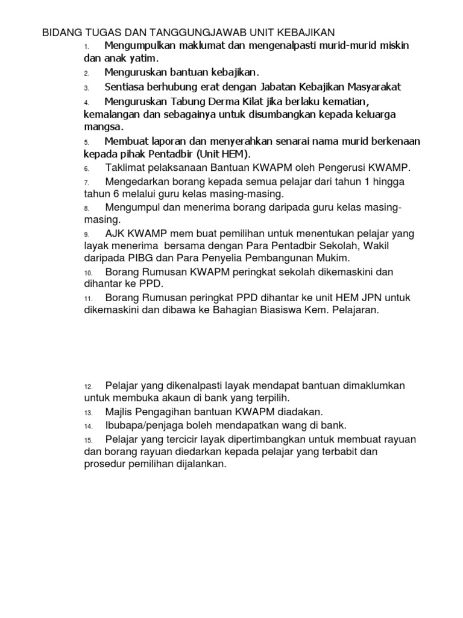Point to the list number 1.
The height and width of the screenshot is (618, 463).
click(87, 47)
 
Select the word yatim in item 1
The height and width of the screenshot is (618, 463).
click(143, 59)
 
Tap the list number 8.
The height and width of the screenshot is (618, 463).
click(87, 209)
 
